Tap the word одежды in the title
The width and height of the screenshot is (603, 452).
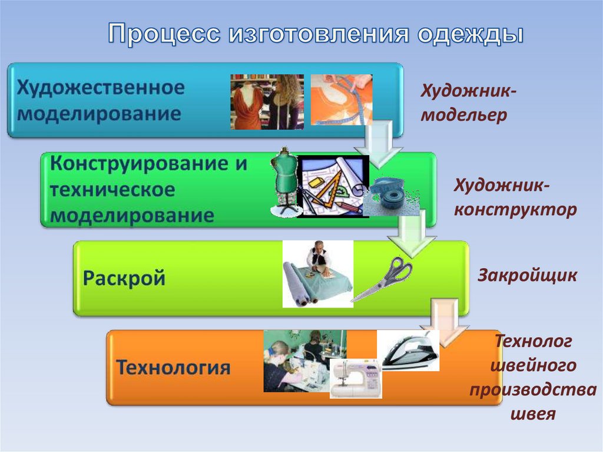click(x=471, y=34)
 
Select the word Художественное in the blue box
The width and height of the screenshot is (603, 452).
click(x=101, y=88)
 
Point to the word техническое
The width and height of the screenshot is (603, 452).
click(x=112, y=190)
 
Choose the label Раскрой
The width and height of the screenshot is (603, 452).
click(x=124, y=278)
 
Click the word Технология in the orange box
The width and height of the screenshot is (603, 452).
click(x=173, y=367)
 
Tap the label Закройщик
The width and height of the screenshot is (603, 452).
click(x=527, y=276)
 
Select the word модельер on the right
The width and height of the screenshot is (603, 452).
click(x=464, y=115)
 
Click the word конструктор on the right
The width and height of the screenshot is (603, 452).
click(x=515, y=210)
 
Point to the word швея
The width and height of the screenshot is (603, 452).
click(x=534, y=414)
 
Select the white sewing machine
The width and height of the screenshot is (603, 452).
click(x=356, y=378)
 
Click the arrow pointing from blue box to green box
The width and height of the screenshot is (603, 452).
click(x=379, y=145)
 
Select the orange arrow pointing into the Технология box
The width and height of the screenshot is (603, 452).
click(x=445, y=322)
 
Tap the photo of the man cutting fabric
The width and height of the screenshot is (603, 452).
click(x=317, y=274)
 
